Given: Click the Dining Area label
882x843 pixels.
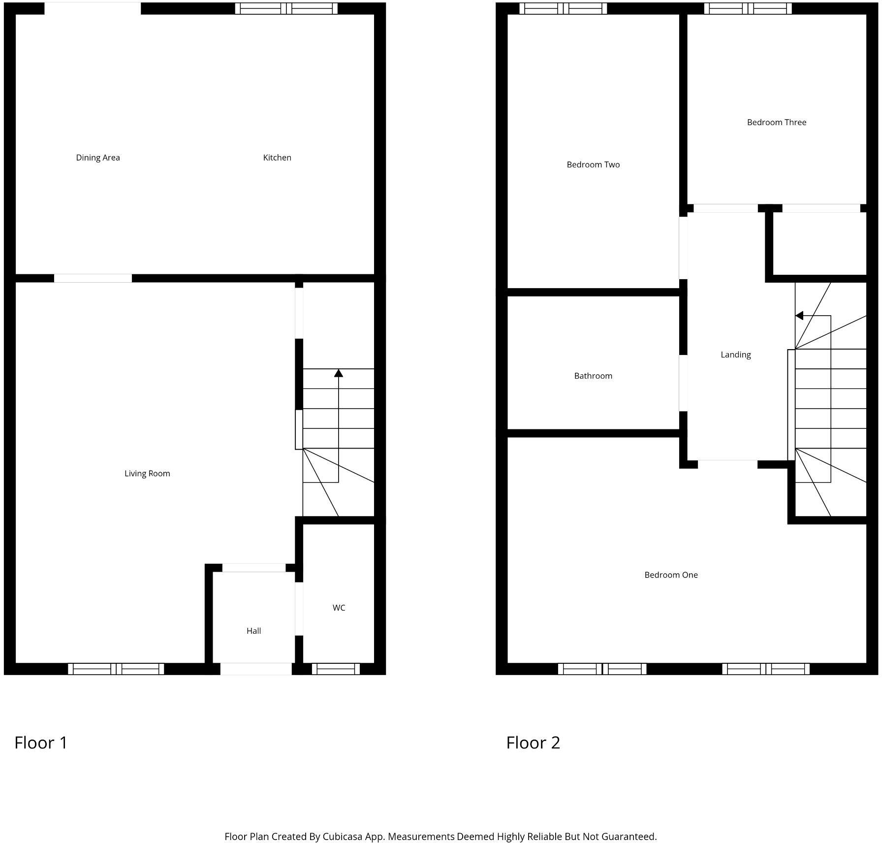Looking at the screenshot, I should [x=98, y=158].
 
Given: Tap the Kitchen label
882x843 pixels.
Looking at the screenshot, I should [x=277, y=158].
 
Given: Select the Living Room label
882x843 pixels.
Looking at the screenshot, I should [x=147, y=473].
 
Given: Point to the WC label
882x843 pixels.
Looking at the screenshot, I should [x=339, y=608].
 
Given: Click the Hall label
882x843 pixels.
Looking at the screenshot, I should [x=253, y=631].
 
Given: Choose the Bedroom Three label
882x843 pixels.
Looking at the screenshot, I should [x=776, y=122].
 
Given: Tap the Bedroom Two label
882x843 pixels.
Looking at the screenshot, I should [x=593, y=164].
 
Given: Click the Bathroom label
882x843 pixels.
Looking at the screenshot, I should [x=593, y=376].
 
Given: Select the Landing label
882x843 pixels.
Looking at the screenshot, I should [x=735, y=355].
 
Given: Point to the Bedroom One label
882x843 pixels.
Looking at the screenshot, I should [x=671, y=575].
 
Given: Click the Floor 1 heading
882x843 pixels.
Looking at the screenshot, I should [x=41, y=743].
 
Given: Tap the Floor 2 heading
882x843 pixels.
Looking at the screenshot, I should [x=533, y=743].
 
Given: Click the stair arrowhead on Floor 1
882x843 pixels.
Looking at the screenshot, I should [x=338, y=373].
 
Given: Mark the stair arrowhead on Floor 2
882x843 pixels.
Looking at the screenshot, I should [x=799, y=316].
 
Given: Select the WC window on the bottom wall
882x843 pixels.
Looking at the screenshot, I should [x=336, y=669].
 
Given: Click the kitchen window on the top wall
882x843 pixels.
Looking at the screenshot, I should [x=286, y=8].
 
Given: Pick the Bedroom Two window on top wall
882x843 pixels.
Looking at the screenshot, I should [x=563, y=8].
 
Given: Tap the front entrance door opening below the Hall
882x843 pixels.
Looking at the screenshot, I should [x=256, y=669].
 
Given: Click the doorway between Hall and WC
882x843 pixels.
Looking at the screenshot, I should [x=299, y=609].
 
